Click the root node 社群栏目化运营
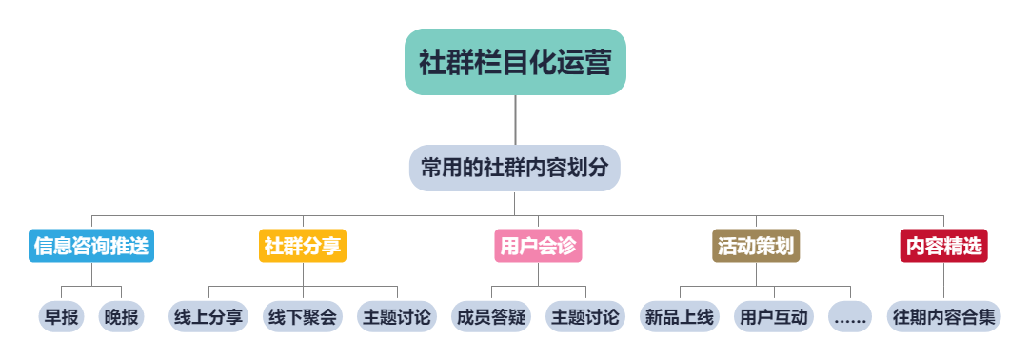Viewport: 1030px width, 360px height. (515, 62)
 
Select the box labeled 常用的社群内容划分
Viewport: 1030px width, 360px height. (515, 169)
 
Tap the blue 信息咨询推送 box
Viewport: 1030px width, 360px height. (91, 246)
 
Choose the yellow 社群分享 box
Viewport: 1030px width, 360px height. (303, 246)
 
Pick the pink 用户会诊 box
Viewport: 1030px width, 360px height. (538, 246)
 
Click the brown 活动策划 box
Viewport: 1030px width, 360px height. (756, 246)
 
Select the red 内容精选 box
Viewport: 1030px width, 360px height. (943, 246)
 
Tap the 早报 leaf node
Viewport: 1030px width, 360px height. (62, 317)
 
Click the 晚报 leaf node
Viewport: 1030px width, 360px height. (122, 317)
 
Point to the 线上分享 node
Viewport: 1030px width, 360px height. (208, 317)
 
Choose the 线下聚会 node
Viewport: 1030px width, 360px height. (303, 317)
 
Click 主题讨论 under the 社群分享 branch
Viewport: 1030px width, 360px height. (396, 317)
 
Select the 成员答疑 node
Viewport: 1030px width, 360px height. (491, 317)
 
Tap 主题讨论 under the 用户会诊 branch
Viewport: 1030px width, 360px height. (584, 317)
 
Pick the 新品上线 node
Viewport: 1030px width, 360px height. (679, 317)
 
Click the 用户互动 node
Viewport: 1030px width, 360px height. (773, 317)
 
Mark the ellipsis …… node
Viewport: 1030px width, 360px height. (850, 317)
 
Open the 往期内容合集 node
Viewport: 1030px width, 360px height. (943, 317)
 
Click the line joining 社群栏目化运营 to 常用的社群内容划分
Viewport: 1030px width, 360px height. (515, 120)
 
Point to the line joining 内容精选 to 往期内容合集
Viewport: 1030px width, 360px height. (943, 282)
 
